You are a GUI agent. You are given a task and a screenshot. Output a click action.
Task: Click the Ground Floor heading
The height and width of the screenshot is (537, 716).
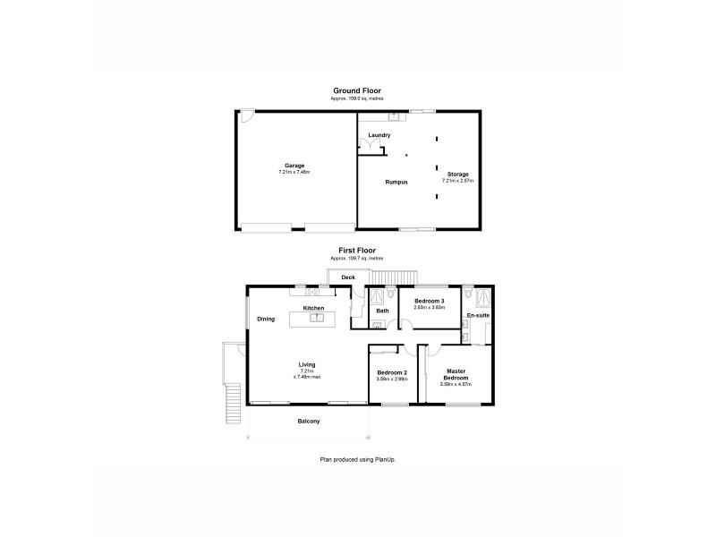[358, 91]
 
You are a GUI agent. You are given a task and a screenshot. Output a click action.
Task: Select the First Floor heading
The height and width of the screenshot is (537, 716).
[357, 251]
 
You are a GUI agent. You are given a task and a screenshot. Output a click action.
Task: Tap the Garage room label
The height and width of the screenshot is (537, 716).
[294, 166]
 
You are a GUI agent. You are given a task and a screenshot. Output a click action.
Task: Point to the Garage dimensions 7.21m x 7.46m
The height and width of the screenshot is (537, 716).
[294, 172]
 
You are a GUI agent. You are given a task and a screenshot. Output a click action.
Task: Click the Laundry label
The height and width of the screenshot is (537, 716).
[379, 135]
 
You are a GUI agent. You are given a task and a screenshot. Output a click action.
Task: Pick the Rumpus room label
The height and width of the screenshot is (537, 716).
[396, 182]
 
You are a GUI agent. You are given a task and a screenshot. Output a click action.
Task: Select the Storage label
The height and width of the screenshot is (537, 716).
[457, 174]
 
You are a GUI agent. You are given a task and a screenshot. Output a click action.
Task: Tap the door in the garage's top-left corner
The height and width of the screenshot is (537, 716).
[246, 115]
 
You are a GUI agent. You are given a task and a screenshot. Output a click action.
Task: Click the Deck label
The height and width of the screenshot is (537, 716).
[348, 277]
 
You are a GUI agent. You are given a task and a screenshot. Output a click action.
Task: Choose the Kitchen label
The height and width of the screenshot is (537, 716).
[313, 308]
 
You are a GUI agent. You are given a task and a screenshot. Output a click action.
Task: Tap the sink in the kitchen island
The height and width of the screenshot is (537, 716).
[316, 318]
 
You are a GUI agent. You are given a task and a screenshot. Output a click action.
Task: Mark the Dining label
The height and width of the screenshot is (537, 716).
[266, 319]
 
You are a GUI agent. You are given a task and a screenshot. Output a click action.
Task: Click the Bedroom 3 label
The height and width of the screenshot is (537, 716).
[430, 301]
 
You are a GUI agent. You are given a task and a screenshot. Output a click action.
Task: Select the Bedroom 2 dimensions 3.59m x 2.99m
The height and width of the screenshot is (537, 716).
[392, 379]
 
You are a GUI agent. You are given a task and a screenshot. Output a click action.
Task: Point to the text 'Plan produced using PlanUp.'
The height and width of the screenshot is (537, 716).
[358, 459]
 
